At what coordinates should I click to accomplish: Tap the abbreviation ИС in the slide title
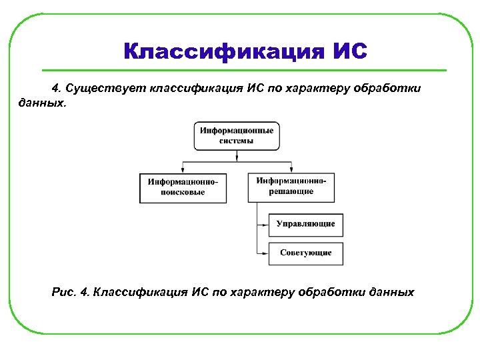[348, 51]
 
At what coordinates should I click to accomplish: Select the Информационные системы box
[237, 136]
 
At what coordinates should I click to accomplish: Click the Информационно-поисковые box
[183, 187]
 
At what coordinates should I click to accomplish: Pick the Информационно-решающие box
[291, 186]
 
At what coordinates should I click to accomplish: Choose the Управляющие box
[305, 224]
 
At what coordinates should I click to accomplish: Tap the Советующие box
[305, 253]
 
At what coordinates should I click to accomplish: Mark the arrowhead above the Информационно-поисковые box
[183, 170]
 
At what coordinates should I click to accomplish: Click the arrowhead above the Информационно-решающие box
[291, 170]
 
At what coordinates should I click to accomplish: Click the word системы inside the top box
[237, 141]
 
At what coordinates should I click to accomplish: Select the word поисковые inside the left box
[183, 193]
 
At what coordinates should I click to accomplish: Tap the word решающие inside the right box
[291, 191]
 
